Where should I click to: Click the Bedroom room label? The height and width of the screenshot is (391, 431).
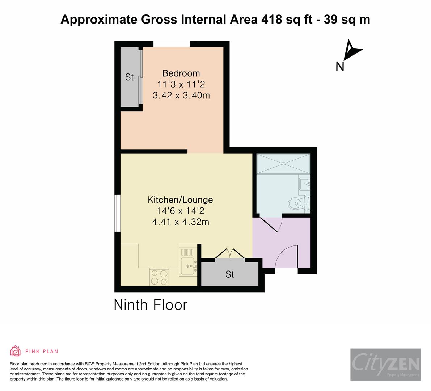point(181,73)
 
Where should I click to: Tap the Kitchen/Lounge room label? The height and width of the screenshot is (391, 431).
point(180,199)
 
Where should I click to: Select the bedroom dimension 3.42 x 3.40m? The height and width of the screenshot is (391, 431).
point(181,96)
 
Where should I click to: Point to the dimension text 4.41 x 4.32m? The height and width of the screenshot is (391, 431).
point(180,222)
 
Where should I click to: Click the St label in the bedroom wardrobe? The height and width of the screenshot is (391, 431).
point(129,77)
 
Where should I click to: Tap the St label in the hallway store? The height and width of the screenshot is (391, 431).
point(230,274)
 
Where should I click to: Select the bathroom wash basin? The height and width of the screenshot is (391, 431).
point(305,184)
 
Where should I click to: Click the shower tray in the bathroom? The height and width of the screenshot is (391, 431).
point(283,164)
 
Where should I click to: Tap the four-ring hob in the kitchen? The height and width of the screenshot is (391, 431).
point(159,277)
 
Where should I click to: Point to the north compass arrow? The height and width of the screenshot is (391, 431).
point(351,50)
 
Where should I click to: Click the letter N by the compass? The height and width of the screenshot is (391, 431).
point(339,67)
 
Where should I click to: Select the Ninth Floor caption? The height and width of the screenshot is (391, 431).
point(150,305)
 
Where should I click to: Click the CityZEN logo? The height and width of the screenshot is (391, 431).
point(385,365)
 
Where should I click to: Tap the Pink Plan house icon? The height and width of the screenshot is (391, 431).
point(16,351)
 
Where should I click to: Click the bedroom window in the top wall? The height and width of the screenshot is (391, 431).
point(172,44)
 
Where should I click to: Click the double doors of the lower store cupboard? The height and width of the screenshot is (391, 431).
point(230,253)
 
